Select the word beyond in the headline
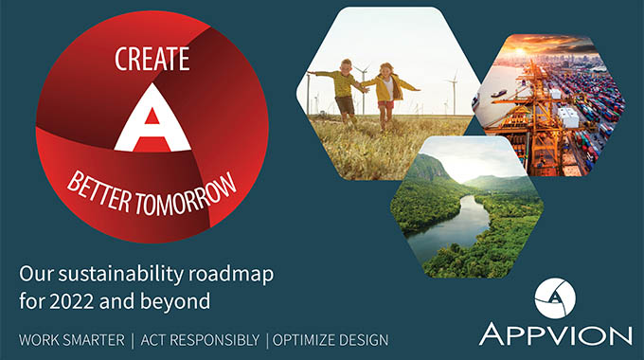click(180, 300)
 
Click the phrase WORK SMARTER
click(68, 339)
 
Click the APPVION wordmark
click(555, 334)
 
